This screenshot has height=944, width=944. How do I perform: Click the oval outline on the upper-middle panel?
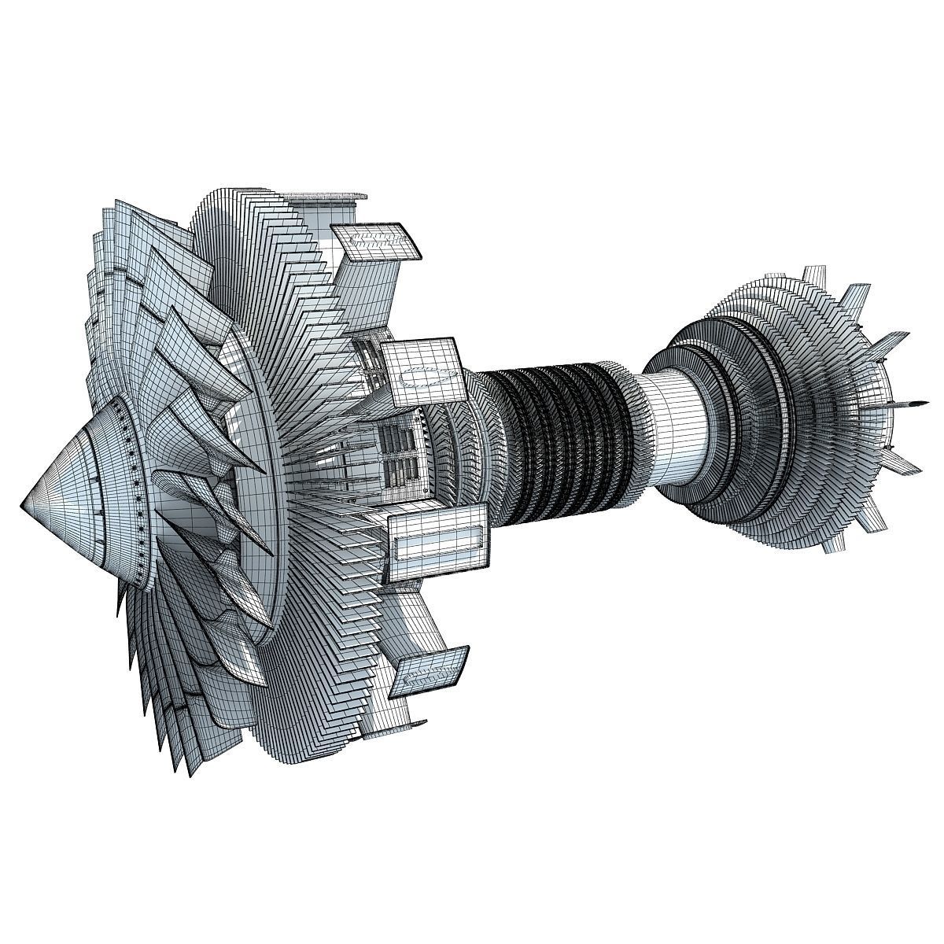pos(430,376)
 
